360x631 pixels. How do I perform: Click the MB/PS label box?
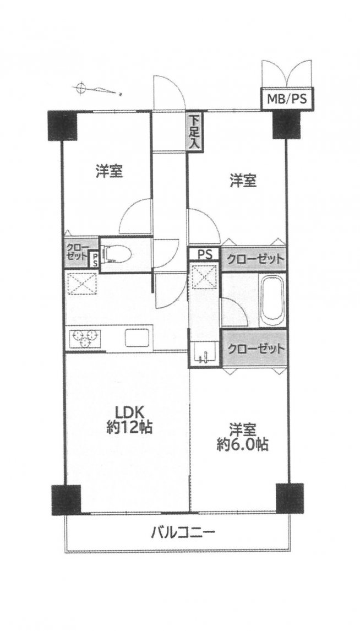[x=287, y=99]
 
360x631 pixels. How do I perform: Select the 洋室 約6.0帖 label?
[x=243, y=437]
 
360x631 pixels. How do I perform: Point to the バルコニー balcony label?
[x=183, y=533]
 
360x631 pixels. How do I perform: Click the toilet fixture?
[x=117, y=255]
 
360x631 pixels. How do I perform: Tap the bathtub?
[x=272, y=301]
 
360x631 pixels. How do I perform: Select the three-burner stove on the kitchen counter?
[x=85, y=338]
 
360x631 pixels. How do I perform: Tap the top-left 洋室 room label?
[x=109, y=172]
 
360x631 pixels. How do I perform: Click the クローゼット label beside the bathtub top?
[x=253, y=259]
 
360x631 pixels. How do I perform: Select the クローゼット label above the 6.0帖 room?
[x=254, y=349]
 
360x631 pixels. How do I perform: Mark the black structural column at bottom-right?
[x=290, y=498]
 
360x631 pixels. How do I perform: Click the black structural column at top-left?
[x=62, y=125]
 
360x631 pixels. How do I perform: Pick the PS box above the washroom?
[x=204, y=254]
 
